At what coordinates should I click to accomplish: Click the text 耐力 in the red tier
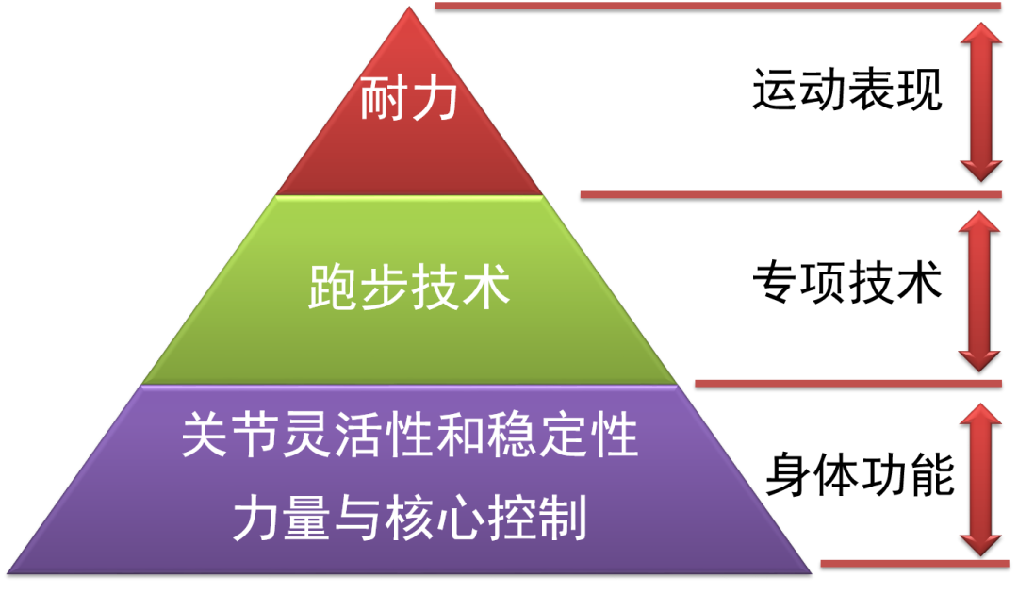click(x=408, y=101)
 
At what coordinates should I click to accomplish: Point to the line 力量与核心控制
click(x=409, y=518)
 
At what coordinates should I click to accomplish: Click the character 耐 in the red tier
click(x=384, y=101)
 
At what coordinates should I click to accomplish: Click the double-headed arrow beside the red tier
click(x=980, y=101)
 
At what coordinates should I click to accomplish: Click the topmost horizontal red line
click(x=716, y=6)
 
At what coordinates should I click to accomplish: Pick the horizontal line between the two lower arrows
click(x=847, y=383)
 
